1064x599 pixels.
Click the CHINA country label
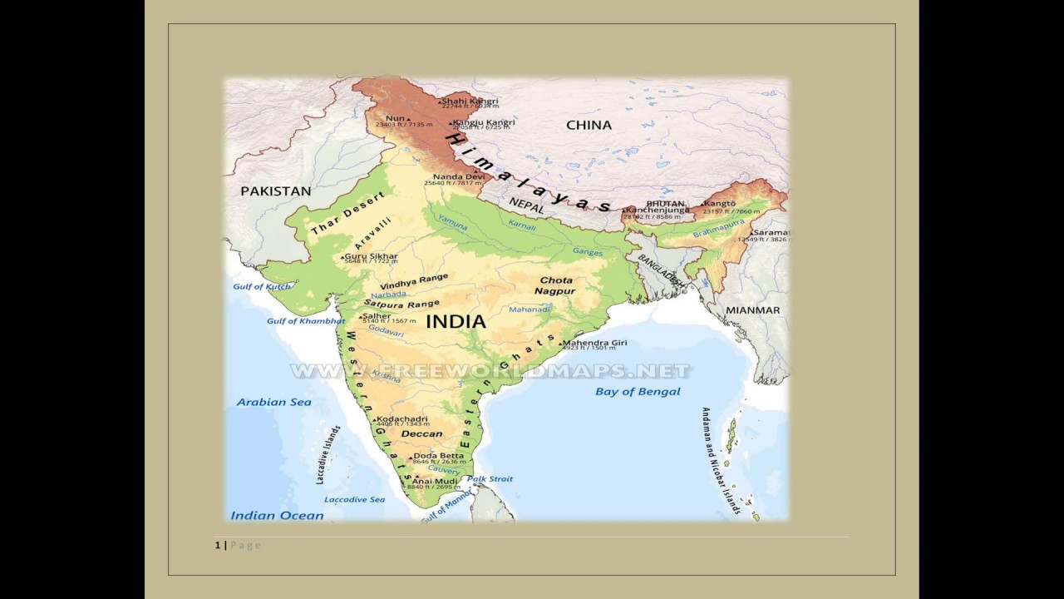click(589, 126)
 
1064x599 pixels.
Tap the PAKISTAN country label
click(275, 191)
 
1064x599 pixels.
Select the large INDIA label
click(455, 321)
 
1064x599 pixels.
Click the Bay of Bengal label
click(638, 391)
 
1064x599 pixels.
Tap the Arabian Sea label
click(273, 402)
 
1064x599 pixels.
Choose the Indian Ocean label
click(277, 515)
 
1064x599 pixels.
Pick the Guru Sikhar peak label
click(372, 256)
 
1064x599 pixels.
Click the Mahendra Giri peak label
click(595, 343)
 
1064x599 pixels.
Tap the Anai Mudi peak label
click(436, 481)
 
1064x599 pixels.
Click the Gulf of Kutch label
click(262, 287)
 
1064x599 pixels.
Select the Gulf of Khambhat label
click(305, 321)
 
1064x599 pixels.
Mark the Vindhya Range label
click(413, 281)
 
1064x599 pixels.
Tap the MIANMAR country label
click(752, 310)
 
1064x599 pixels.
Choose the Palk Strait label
click(490, 479)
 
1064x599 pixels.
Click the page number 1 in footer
click(218, 545)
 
